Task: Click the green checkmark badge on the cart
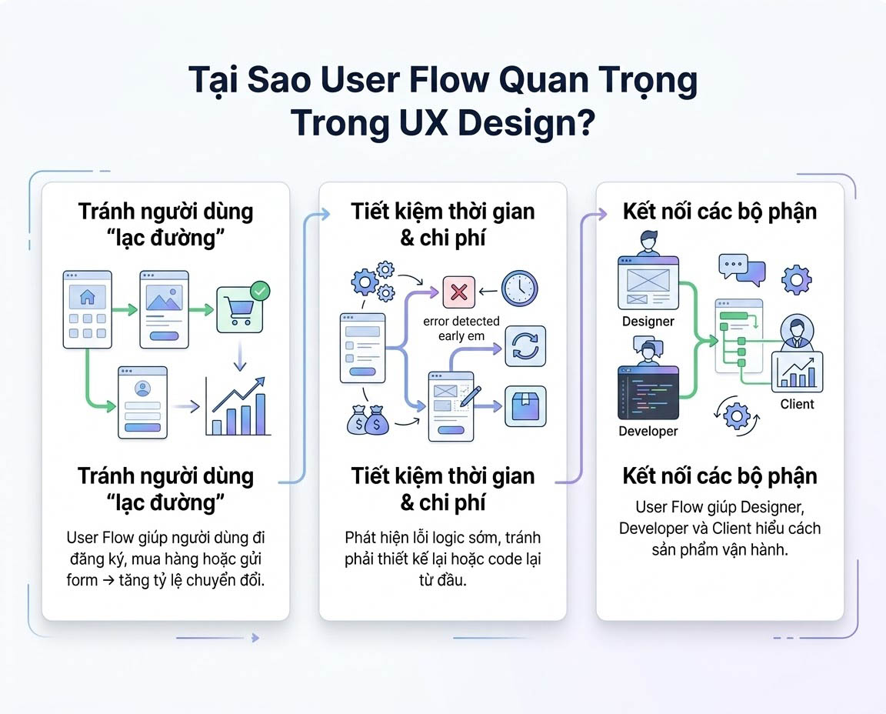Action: click(261, 292)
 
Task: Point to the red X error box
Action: click(459, 292)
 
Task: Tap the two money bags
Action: click(367, 420)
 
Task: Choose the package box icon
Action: click(525, 406)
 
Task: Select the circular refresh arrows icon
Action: click(525, 345)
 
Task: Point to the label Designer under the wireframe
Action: click(648, 322)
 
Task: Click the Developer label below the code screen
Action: click(648, 431)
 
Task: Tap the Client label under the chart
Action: click(797, 404)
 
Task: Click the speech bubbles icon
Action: click(741, 269)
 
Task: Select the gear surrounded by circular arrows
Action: click(737, 415)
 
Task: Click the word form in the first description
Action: click(82, 580)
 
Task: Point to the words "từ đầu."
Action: click(442, 580)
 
